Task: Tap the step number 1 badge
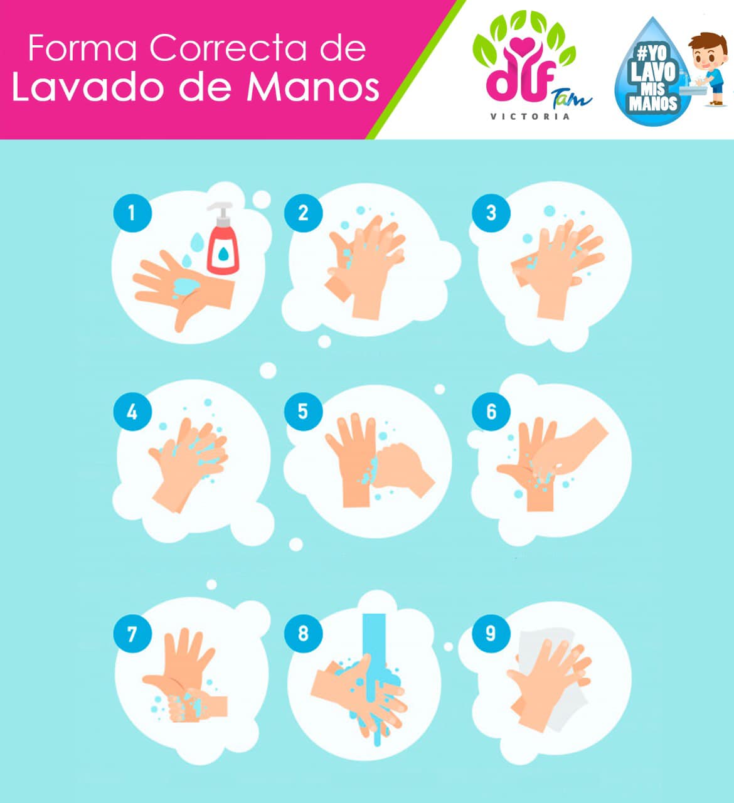[132, 213]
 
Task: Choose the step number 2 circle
[303, 213]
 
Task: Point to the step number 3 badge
[491, 213]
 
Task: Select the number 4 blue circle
[132, 412]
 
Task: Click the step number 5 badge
[303, 412]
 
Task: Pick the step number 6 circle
[491, 412]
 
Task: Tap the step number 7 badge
[132, 634]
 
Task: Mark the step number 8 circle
[303, 634]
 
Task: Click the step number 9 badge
[491, 634]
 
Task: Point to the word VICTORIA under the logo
[529, 117]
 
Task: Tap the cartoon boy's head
[708, 51]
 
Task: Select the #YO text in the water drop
[652, 53]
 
